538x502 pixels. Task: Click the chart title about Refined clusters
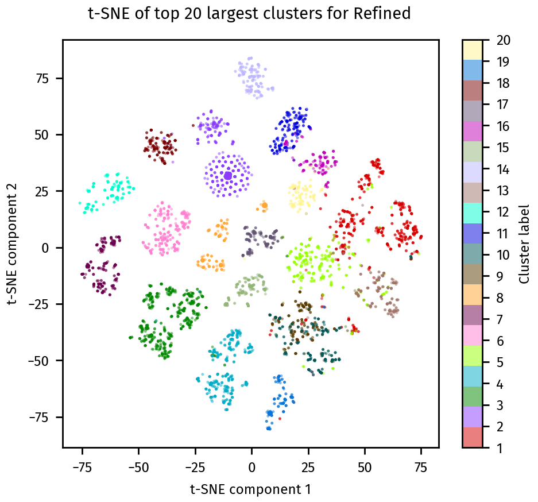[250, 14]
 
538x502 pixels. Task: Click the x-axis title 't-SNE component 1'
[250, 489]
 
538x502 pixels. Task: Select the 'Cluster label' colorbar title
[524, 244]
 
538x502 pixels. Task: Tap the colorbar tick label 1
[495, 447]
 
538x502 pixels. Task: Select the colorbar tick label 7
[495, 319]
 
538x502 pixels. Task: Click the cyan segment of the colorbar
[472, 212]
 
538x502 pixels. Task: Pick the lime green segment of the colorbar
[472, 362]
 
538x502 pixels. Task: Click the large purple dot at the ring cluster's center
[228, 175]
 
